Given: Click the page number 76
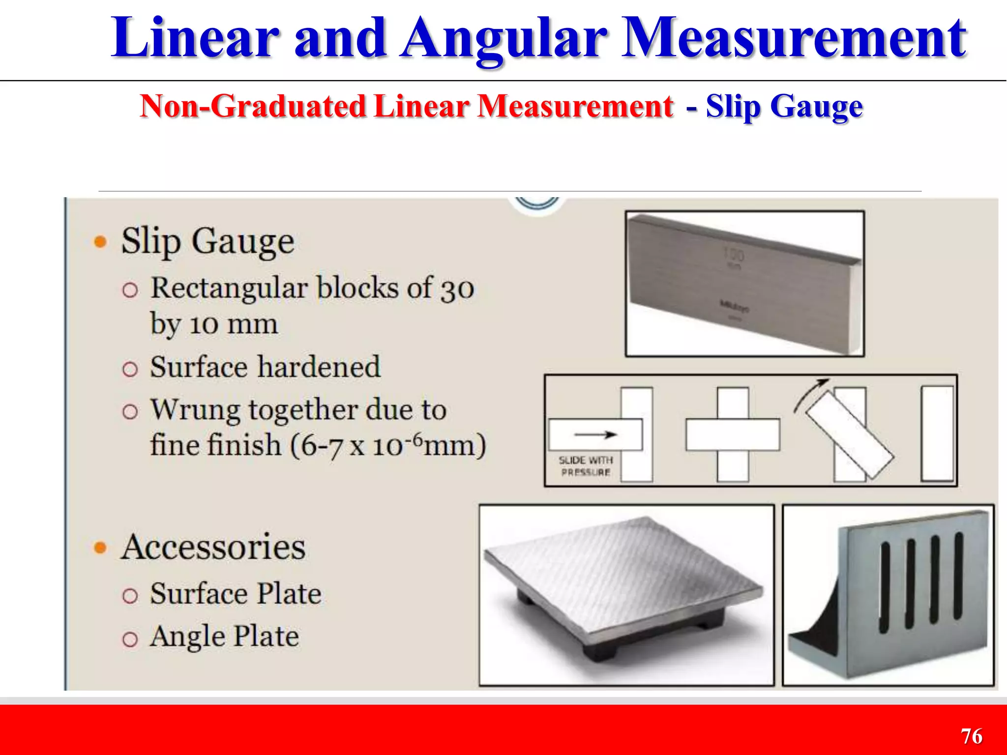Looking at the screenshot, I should pos(971,736).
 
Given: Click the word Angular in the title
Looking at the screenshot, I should pos(504,39).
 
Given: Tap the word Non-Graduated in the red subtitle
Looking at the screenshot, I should pos(253,106).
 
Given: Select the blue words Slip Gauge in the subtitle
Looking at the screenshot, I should pos(784,106).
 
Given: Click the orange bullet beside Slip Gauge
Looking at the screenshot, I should pos(100,242).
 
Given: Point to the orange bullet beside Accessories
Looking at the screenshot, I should pos(100,548).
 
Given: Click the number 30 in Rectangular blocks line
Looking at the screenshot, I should pos(457,289).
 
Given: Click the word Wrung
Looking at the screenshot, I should pos(196,410).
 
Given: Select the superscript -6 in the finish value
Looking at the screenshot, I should pos(416,437).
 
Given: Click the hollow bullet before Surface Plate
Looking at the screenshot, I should pos(130,596).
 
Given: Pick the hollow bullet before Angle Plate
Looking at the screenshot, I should pos(130,639).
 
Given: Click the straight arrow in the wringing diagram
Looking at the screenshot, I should pos(595,435).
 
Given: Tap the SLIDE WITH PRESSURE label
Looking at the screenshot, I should pos(586,466).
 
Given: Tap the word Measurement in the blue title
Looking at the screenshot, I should pos(794,39).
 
